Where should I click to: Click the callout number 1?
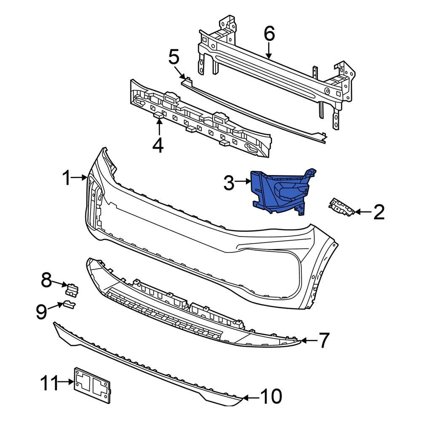[x=67, y=179]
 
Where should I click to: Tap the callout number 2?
[x=378, y=213]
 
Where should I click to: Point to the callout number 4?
[x=158, y=145]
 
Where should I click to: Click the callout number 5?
[x=174, y=57]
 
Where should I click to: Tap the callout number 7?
[x=322, y=340]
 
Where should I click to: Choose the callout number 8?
[x=46, y=280]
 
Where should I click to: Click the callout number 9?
[x=41, y=312]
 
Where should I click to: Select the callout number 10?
[x=270, y=396]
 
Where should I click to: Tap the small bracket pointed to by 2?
[x=341, y=208]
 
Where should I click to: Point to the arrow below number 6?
[x=269, y=51]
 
